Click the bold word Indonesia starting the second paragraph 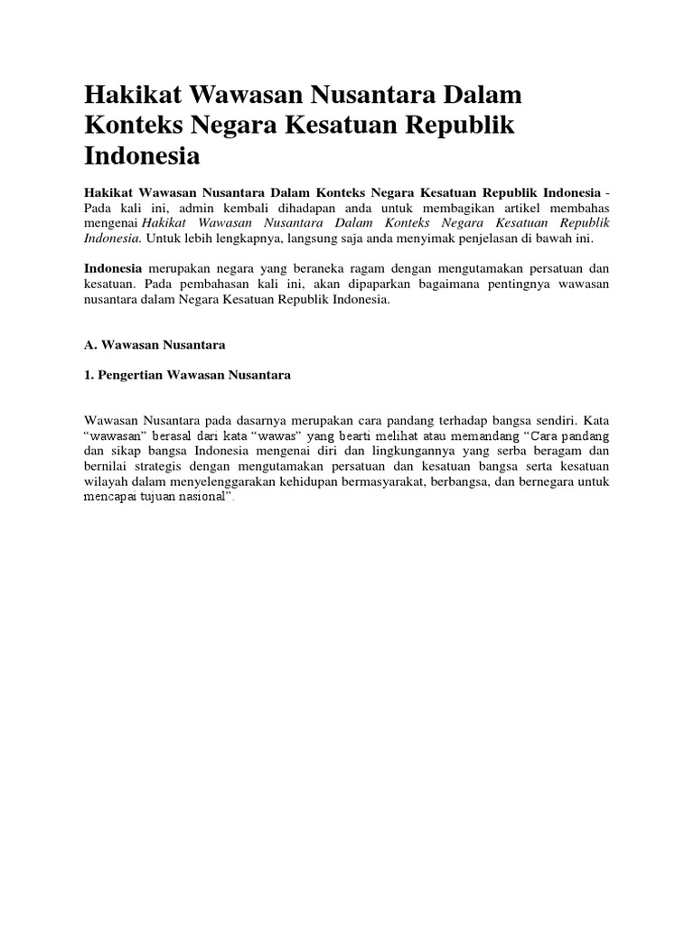click(x=113, y=269)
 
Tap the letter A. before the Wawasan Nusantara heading click(x=90, y=345)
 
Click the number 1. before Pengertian click(x=89, y=376)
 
